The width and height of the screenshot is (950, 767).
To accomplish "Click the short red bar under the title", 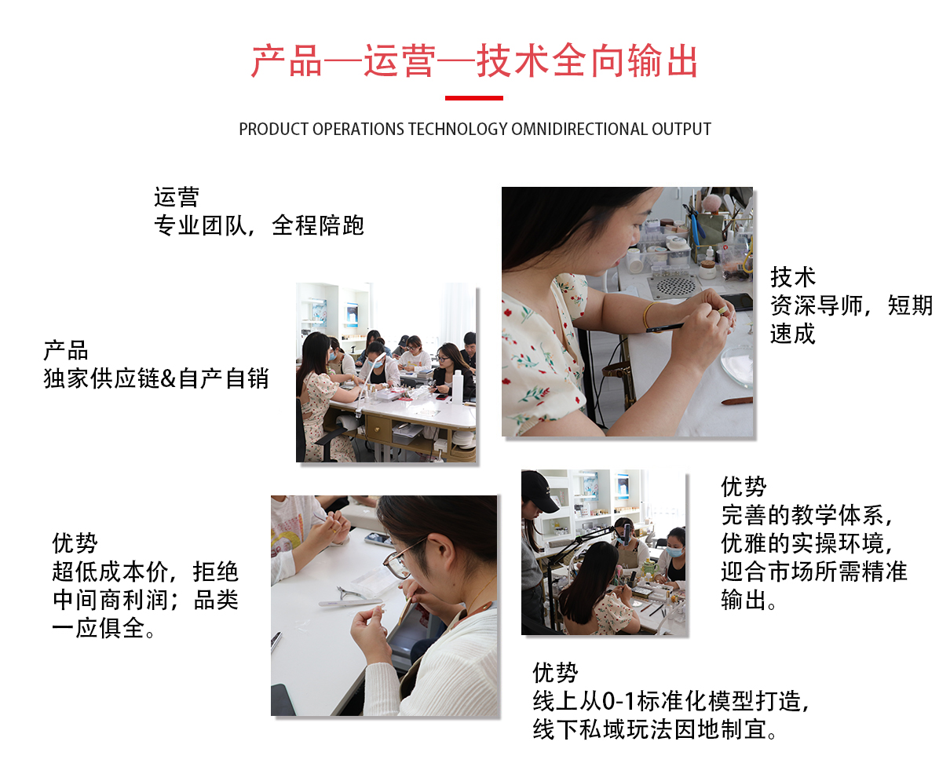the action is (473, 97).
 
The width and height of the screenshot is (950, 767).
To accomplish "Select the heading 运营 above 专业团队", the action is (176, 197).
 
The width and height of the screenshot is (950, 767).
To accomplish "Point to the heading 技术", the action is (792, 277).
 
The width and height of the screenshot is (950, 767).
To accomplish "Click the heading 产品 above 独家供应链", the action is (66, 350).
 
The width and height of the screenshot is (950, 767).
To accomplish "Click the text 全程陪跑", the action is (317, 225).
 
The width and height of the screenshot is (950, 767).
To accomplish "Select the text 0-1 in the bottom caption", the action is (618, 701).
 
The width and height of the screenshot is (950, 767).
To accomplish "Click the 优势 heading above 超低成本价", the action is (75, 542).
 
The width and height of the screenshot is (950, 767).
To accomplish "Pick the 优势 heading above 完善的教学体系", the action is (744, 486).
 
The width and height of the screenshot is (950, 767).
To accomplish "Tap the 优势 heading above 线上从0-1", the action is (555, 673).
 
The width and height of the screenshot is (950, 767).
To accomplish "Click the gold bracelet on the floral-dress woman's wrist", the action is (648, 315).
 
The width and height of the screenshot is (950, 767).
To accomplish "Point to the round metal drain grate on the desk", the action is (677, 286).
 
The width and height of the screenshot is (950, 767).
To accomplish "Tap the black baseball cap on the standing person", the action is (539, 491).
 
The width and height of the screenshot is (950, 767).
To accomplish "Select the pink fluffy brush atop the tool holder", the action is (711, 204).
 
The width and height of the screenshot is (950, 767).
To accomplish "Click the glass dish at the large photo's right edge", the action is (737, 365).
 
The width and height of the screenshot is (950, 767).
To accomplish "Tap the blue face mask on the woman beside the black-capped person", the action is (674, 552).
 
